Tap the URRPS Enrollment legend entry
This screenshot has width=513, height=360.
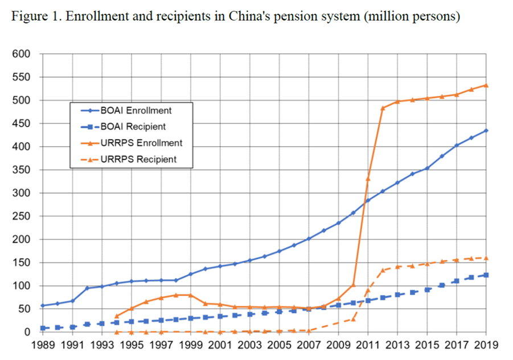145,142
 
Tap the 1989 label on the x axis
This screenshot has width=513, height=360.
43,345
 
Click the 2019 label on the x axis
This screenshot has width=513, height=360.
486,345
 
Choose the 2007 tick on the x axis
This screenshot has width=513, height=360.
309,345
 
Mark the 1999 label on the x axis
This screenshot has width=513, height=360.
191,345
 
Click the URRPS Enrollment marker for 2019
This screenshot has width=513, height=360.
486,85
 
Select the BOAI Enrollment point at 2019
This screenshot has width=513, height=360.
486,130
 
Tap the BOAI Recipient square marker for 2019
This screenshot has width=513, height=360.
486,275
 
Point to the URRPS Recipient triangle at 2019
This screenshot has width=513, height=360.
486,258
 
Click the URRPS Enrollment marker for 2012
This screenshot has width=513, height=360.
383,108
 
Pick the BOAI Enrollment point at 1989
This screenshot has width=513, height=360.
43,306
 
